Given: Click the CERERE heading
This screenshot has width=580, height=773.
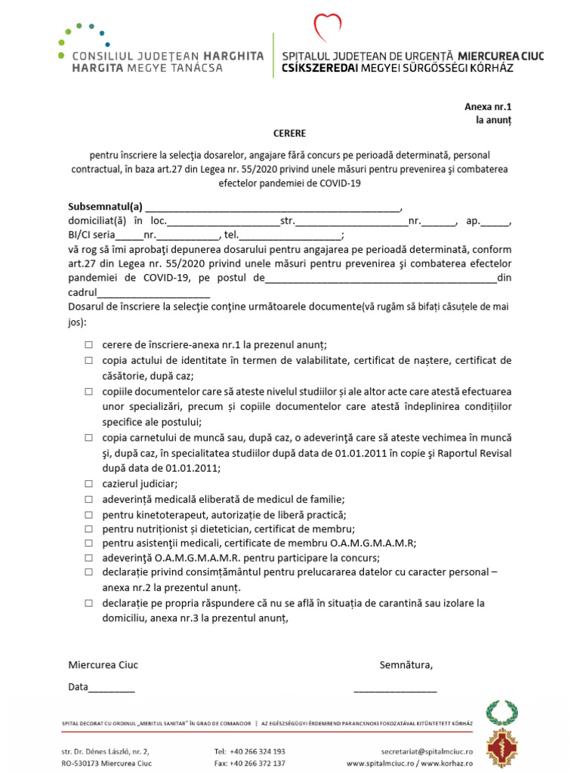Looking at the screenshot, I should click(290, 133).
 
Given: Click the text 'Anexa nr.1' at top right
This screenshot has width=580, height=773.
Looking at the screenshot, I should click(487, 107).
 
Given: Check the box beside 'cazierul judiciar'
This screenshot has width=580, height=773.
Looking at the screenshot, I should click(88, 484).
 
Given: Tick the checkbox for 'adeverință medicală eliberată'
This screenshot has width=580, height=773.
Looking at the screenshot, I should click(88, 499).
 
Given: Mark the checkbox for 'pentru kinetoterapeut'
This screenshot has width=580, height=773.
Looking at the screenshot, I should click(88, 514).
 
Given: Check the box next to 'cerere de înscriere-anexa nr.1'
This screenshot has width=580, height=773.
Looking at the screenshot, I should click(88, 343).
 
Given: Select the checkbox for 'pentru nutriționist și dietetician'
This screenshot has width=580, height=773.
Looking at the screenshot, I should click(88, 528).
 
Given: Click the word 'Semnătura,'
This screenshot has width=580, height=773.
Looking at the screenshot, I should click(406, 665).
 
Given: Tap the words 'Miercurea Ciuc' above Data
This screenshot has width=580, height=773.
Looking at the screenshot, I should click(103, 665).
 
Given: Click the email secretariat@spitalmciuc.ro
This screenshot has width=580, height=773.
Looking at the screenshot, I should click(427, 751).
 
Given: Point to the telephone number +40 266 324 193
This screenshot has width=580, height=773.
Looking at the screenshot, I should click(250, 751).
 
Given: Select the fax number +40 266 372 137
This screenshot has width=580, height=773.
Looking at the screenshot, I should click(250, 763).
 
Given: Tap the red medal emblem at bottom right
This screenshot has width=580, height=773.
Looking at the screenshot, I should click(501, 750).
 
